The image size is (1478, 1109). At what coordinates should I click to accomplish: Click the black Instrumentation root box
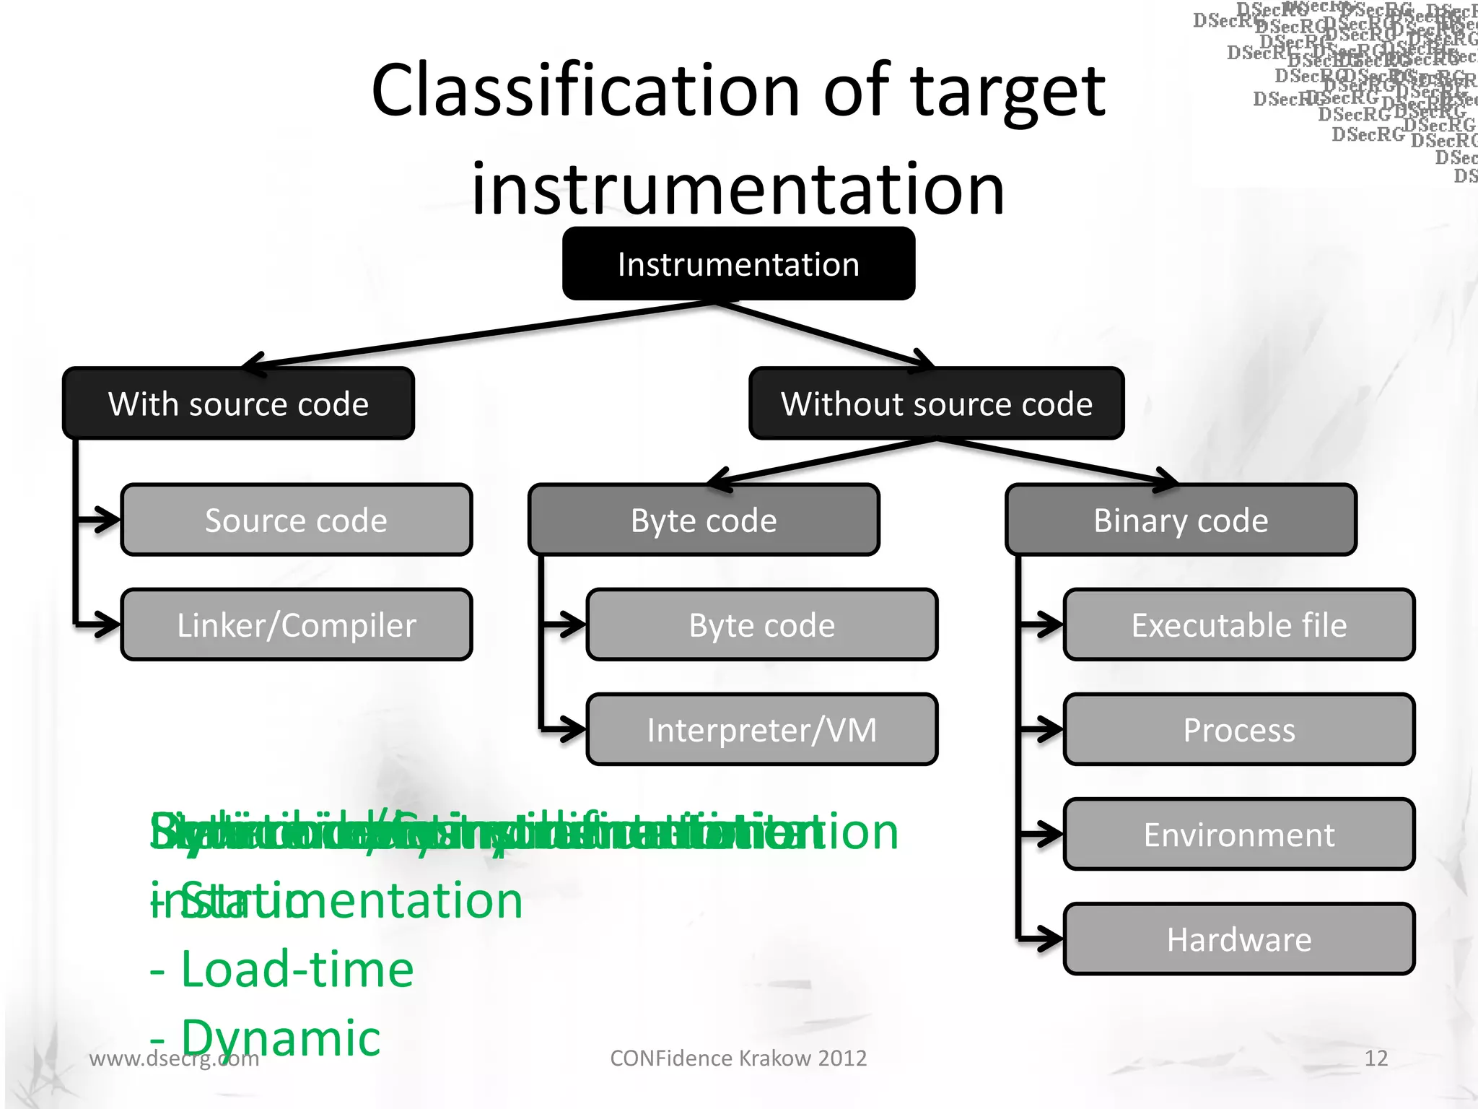pos(738,264)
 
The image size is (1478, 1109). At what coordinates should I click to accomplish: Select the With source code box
pos(238,404)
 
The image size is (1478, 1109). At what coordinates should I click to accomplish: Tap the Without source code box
pos(936,404)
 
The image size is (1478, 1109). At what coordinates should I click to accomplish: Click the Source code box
pos(296,520)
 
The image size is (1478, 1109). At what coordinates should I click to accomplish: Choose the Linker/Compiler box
pos(296,625)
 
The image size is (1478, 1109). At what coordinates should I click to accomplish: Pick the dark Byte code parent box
pos(704,520)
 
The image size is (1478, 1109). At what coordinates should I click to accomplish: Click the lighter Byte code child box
pos(761,625)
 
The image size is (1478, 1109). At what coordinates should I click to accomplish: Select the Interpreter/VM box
pos(761,729)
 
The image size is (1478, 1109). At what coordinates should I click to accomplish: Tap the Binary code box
pos(1181,520)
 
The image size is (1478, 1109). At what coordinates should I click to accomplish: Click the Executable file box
pos(1238,625)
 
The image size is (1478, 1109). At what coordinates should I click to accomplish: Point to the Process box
pos(1238,729)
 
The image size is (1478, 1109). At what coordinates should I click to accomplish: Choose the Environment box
pos(1238,834)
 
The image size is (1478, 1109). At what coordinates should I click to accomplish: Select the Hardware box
pos(1238,939)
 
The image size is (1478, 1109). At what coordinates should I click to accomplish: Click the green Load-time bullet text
pos(296,970)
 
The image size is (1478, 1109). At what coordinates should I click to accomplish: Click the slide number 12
pos(1376,1058)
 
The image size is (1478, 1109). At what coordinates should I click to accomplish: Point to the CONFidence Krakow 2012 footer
pos(738,1058)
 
